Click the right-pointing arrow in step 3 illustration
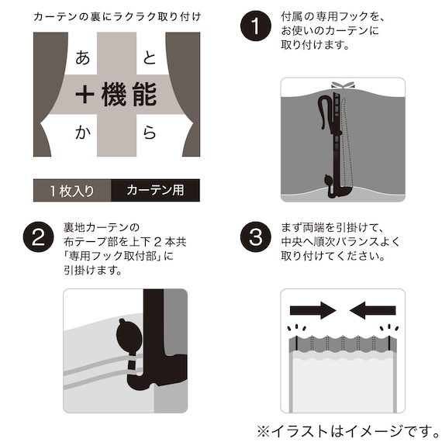click(313, 310)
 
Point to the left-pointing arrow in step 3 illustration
click(373, 310)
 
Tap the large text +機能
click(116, 95)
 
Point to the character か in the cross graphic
click(83, 133)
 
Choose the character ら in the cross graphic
click(150, 133)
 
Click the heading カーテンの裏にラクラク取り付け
click(116, 16)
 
